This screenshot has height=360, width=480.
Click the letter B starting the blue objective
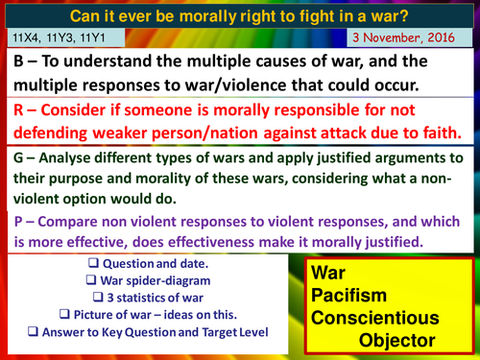click(19, 60)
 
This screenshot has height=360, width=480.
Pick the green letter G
click(19, 157)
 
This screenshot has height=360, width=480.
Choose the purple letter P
click(19, 221)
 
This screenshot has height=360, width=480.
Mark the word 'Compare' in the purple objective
click(74, 221)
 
